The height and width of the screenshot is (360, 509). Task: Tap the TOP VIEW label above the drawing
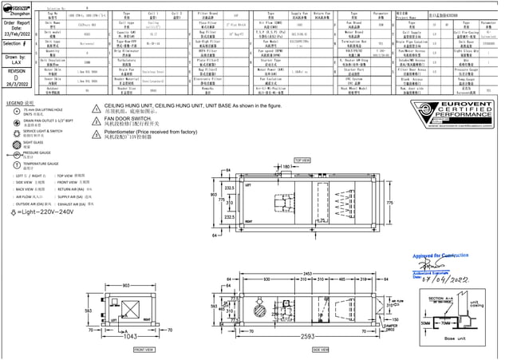[x=302, y=160]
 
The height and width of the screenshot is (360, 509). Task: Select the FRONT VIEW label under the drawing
[x=144, y=349]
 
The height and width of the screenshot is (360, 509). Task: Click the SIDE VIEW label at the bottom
[x=321, y=349]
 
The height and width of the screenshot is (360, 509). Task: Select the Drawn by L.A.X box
[x=17, y=61]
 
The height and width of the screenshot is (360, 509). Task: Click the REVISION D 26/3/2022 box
[x=17, y=81]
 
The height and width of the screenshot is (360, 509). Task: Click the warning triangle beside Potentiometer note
[x=97, y=133]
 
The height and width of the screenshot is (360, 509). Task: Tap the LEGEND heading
[x=20, y=104]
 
